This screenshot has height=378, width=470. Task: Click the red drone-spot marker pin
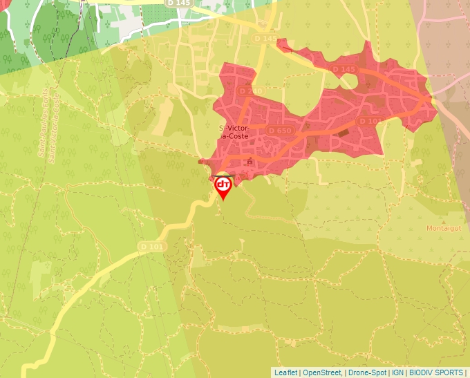(223, 185)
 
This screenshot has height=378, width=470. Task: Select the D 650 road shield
(280, 130)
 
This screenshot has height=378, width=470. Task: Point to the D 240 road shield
(250, 91)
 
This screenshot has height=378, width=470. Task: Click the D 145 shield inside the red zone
(344, 69)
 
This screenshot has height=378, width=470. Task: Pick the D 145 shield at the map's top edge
(178, 3)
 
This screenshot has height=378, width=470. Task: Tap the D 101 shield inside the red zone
(370, 122)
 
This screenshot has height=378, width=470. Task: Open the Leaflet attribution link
(285, 372)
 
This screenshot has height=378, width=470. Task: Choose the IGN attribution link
(398, 372)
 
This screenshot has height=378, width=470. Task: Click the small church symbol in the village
(250, 162)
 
